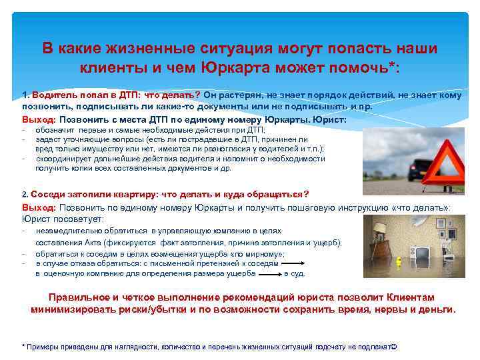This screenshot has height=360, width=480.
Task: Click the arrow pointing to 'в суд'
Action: (x=270, y=273)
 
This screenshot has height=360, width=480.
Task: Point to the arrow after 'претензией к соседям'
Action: (x=294, y=264)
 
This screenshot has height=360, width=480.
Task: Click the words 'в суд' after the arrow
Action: (x=294, y=273)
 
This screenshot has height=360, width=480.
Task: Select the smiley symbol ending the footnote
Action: (x=393, y=347)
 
